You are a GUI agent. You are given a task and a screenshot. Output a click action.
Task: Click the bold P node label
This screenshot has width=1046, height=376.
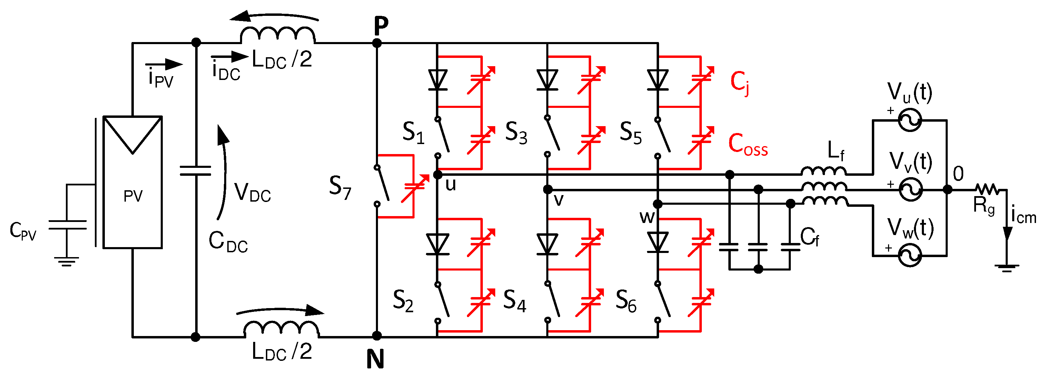380,27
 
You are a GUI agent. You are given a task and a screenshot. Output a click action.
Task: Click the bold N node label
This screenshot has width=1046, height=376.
375,359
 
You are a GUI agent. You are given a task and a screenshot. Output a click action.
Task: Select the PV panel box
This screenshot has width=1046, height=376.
132,183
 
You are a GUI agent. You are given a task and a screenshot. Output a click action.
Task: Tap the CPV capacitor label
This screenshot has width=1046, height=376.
23,231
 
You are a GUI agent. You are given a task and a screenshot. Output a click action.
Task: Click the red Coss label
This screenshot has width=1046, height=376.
747,144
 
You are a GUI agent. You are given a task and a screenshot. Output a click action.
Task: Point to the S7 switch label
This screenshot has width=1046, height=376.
339,188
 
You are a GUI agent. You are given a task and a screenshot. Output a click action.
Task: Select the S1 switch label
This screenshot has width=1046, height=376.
413,132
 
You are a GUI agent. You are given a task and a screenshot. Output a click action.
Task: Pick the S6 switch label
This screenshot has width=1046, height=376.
625,301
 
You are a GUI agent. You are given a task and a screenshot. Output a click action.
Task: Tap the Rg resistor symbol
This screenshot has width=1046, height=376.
987,189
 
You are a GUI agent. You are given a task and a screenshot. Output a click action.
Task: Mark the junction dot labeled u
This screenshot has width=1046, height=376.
438,175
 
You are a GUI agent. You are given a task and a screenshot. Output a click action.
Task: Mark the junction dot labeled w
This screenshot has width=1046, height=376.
658,204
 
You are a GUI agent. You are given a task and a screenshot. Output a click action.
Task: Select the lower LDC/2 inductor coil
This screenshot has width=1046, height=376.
281,329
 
